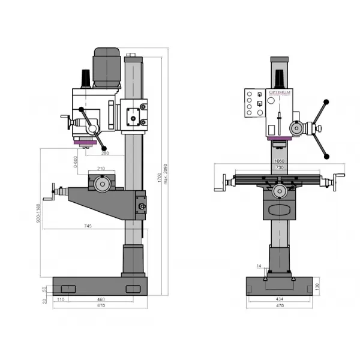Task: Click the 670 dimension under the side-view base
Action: tap(100, 305)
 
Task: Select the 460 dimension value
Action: tap(101, 298)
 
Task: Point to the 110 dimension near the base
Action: tap(61, 298)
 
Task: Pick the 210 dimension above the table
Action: tap(101, 169)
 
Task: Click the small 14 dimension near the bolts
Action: tap(259, 266)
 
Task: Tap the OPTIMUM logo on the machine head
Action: tap(279, 92)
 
